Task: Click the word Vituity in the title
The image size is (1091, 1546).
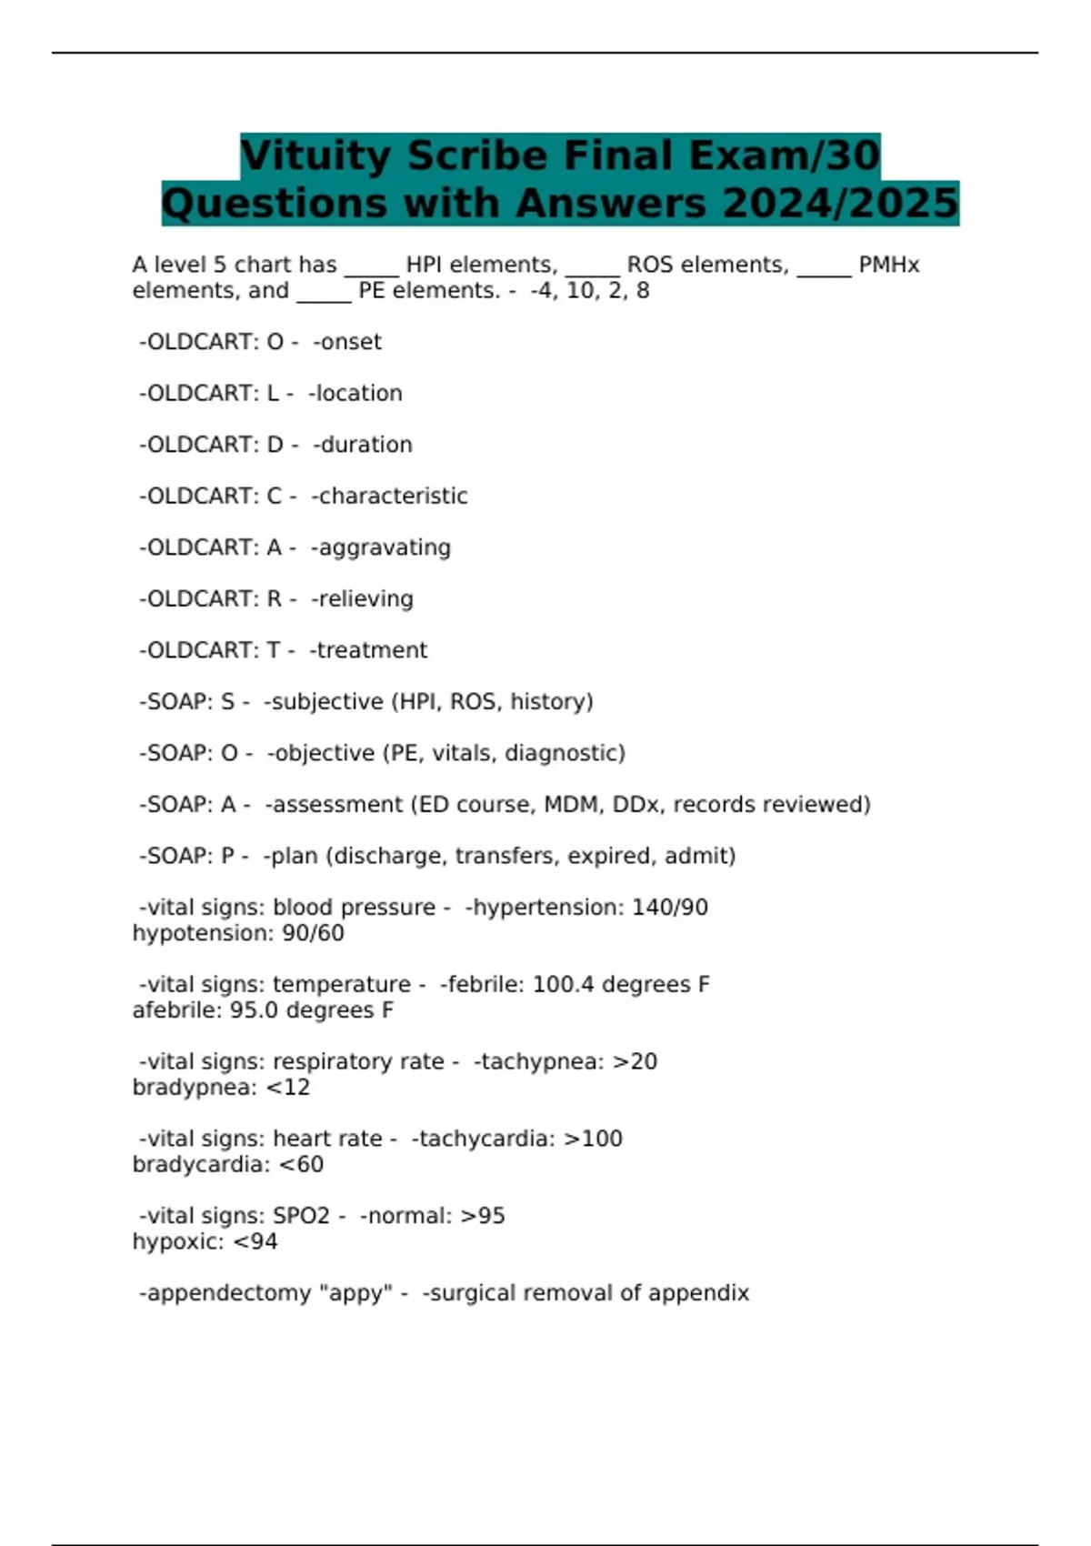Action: (315, 156)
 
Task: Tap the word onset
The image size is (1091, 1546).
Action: (350, 342)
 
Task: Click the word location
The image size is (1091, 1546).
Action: (358, 393)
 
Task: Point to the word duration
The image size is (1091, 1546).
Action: (365, 445)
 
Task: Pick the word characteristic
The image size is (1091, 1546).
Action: (393, 496)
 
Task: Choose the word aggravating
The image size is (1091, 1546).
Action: (384, 547)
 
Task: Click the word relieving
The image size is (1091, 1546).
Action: (365, 598)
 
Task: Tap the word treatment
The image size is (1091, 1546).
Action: (371, 650)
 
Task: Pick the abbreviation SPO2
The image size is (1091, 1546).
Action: (301, 1216)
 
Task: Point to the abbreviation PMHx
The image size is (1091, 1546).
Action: (888, 266)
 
